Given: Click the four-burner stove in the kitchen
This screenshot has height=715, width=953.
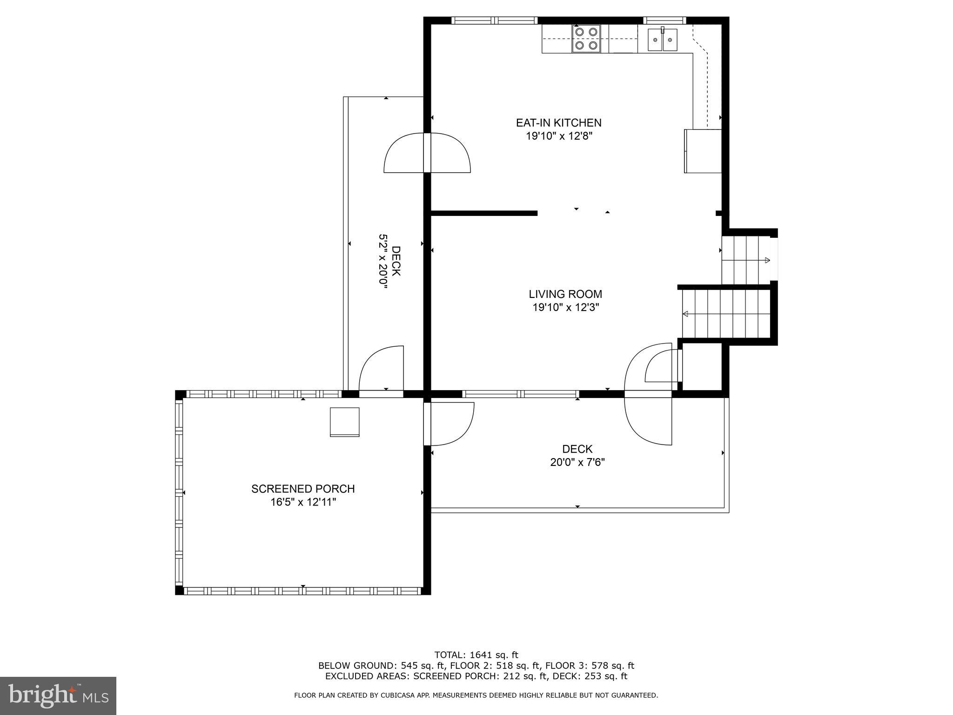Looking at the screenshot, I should click(x=586, y=39).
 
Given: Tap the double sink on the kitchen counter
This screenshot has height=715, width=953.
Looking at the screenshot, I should click(x=663, y=40).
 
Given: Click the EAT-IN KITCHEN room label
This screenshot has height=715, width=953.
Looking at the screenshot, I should click(x=558, y=123).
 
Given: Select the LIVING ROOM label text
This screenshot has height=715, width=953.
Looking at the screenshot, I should click(x=565, y=294).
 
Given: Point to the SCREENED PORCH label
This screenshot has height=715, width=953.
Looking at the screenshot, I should click(x=303, y=489).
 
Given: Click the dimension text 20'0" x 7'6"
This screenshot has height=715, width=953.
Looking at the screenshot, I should click(x=577, y=462).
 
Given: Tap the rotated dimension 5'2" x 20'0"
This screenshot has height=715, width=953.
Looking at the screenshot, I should click(x=383, y=262).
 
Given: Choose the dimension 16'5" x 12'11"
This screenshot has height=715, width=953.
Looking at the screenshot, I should click(x=303, y=502).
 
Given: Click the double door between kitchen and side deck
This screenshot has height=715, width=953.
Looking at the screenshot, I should click(x=427, y=153).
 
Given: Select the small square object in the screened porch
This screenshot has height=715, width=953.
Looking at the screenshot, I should click(x=344, y=422).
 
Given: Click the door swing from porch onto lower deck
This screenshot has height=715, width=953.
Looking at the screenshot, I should click(x=449, y=424).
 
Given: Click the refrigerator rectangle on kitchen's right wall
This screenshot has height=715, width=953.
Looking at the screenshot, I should click(x=702, y=151).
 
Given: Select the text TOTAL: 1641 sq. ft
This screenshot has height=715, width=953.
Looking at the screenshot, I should click(x=476, y=655).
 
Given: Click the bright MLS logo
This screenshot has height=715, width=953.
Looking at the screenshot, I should click(x=58, y=695).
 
